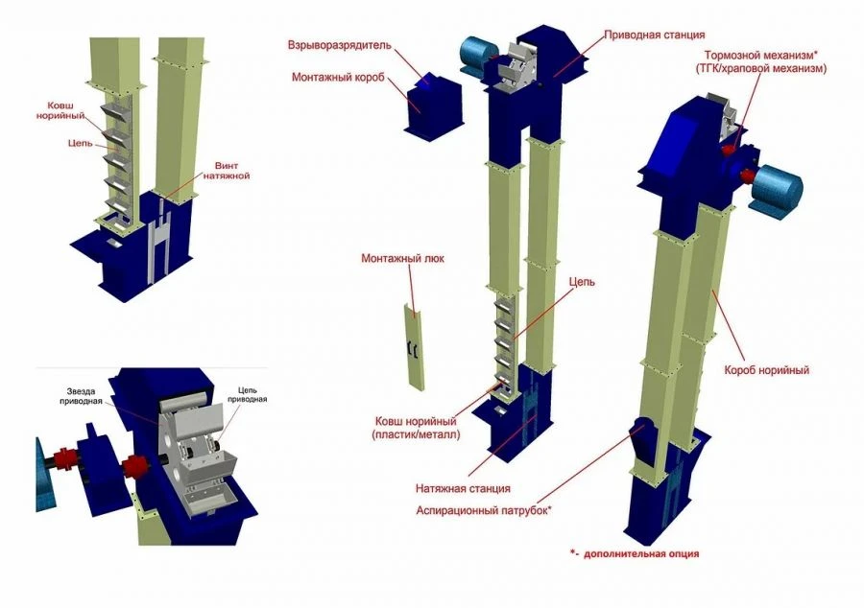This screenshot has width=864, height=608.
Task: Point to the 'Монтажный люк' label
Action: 402,259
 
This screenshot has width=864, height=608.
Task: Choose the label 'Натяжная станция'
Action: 463,488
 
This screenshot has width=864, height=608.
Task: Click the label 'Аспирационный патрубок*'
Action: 484,510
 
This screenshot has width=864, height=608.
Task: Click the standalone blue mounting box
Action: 423,103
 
